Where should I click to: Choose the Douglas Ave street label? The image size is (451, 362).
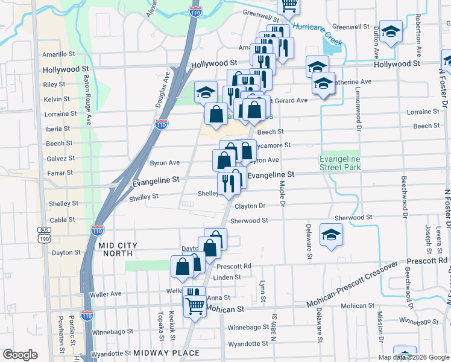(x=162, y=91)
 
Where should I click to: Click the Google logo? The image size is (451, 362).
(x=20, y=355)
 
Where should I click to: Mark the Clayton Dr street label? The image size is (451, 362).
(x=250, y=206)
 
